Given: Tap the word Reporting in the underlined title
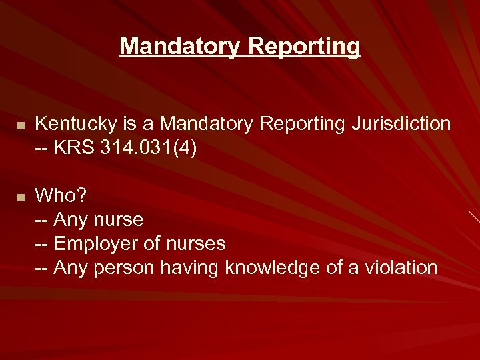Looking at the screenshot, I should (304, 47).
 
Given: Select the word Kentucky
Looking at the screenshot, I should (67, 123).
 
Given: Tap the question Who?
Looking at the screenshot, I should (61, 196).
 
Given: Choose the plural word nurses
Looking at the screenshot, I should (193, 244).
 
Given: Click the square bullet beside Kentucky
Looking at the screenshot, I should (21, 125).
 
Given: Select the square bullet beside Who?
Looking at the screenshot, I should (21, 197).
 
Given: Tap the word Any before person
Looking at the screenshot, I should (71, 268).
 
